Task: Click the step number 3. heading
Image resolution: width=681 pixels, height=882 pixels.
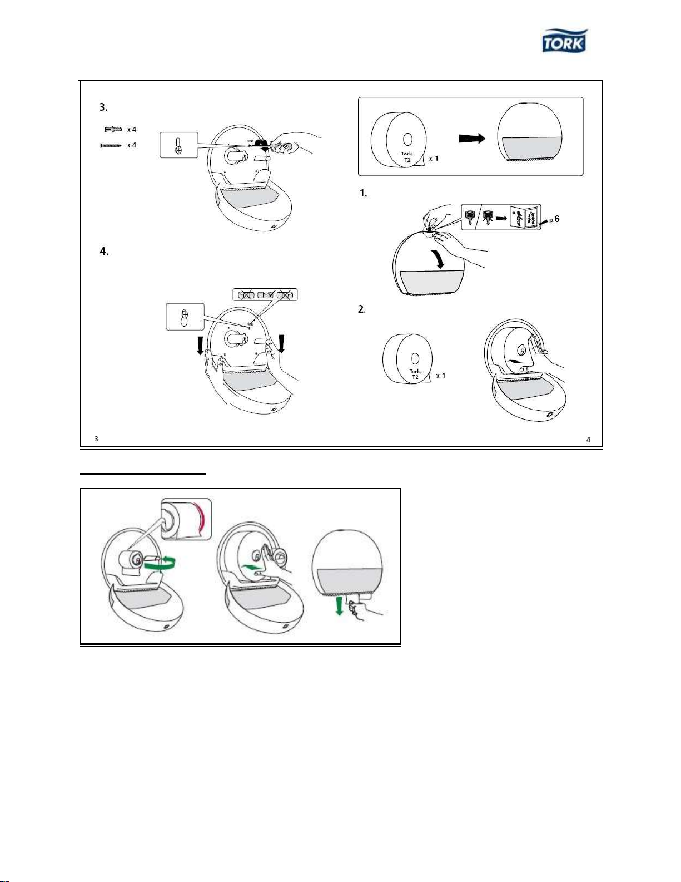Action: (x=103, y=107)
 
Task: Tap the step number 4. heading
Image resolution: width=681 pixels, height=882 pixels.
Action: (x=104, y=252)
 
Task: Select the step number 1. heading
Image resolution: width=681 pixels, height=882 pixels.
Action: (x=363, y=194)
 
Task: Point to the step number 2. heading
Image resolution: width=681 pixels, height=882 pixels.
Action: (x=362, y=309)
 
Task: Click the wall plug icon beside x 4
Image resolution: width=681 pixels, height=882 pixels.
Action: (x=113, y=130)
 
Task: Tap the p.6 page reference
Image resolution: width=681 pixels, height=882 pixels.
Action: (x=554, y=219)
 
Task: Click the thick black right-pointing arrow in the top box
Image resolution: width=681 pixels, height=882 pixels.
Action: (x=472, y=139)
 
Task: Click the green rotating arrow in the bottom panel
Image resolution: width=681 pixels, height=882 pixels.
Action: (x=161, y=563)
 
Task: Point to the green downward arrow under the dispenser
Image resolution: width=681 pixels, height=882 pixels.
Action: (x=339, y=607)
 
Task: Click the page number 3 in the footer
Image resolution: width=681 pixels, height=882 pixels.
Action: (x=96, y=438)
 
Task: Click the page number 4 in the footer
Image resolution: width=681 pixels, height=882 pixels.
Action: (x=588, y=440)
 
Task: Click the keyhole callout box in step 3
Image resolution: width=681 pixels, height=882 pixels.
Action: (x=179, y=145)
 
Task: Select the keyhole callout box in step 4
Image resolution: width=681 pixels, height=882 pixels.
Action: (x=185, y=317)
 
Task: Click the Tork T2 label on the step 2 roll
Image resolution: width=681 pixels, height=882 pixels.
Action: (x=415, y=375)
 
